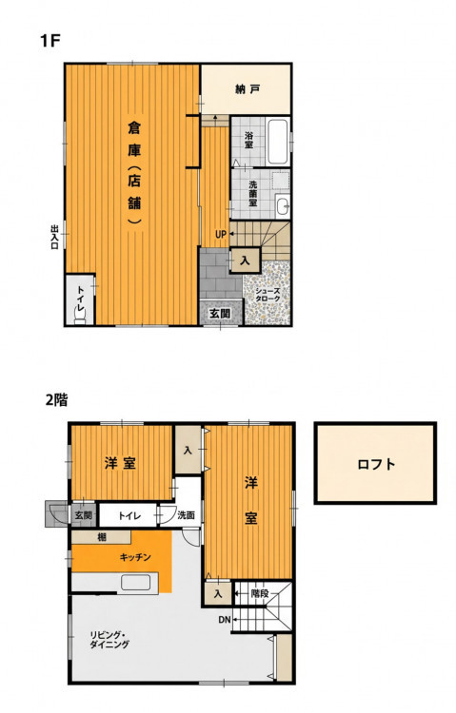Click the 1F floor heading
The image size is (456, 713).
[x=50, y=41]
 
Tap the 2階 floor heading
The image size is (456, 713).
[x=56, y=400]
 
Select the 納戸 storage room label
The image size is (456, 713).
[x=248, y=89]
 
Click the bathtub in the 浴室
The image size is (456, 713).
[x=277, y=142]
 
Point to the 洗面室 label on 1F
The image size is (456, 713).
[x=253, y=194]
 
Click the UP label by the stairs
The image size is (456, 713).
[x=221, y=235]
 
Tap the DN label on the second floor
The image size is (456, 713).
[x=225, y=619]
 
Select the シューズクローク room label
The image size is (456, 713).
[x=268, y=295]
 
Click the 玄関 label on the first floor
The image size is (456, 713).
[x=220, y=314]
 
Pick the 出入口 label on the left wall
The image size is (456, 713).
[x=54, y=237]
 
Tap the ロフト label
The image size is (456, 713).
[x=376, y=464]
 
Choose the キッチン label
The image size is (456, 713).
[x=135, y=557]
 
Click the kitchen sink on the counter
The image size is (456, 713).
[x=135, y=582]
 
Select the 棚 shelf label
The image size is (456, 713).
[x=102, y=537]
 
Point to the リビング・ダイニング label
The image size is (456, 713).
[x=109, y=640]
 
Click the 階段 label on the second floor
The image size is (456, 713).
[x=260, y=593]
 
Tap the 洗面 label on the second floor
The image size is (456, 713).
[x=186, y=515]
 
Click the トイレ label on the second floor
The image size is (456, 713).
[x=129, y=515]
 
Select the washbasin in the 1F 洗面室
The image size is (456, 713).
[x=283, y=206]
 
